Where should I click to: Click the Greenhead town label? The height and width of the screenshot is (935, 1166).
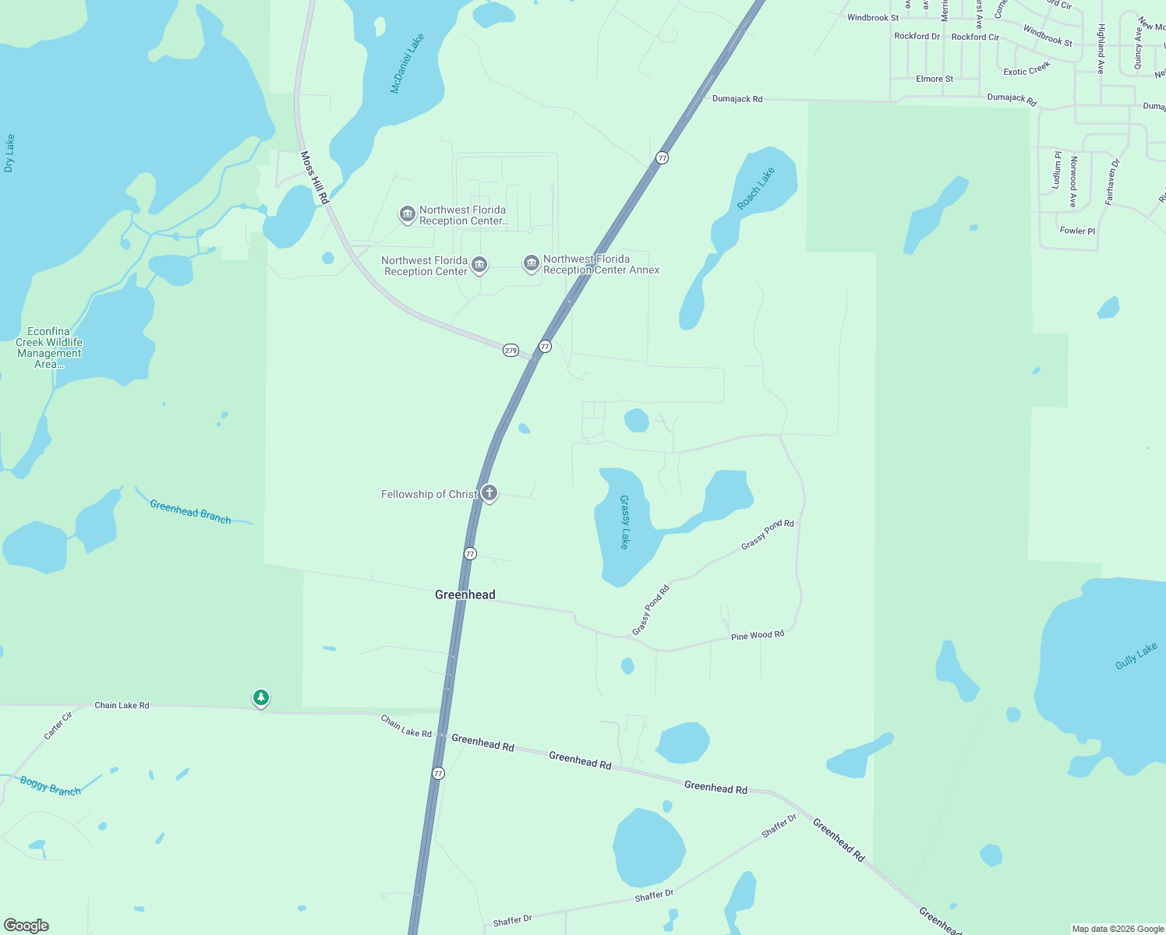(465, 595)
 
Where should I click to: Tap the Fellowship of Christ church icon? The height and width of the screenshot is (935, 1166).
(489, 492)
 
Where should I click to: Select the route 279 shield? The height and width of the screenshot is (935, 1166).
(511, 351)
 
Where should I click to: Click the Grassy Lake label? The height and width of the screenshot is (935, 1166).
(624, 522)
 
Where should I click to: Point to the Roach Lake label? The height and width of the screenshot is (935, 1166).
(756, 189)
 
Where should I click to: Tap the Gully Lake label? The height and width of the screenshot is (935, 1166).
(1136, 656)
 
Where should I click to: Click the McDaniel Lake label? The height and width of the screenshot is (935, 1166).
(407, 64)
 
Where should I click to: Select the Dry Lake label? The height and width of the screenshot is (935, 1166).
(9, 153)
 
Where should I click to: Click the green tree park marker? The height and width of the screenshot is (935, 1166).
(261, 697)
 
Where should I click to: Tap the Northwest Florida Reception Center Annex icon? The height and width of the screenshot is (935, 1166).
(532, 263)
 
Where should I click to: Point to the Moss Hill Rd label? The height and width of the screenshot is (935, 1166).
(315, 178)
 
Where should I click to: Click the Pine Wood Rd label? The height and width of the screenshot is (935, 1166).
(757, 636)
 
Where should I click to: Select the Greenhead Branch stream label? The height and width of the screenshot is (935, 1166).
(190, 512)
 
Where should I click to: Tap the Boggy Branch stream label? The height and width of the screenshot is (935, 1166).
(51, 785)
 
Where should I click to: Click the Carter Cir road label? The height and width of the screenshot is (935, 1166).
(58, 725)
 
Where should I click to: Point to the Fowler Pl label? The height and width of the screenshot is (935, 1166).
(1077, 231)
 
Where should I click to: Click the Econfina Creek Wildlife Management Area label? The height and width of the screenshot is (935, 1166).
(49, 348)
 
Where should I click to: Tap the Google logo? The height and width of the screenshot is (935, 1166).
(26, 925)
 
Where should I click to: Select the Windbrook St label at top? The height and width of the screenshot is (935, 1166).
(872, 17)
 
